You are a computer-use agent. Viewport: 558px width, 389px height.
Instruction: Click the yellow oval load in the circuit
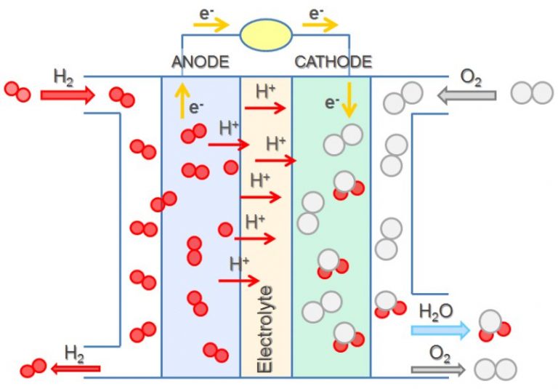pos(267,34)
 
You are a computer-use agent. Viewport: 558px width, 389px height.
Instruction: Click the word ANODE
pos(200,62)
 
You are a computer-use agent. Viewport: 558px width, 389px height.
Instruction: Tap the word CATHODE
pos(333,62)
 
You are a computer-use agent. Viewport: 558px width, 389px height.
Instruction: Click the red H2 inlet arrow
pos(68,94)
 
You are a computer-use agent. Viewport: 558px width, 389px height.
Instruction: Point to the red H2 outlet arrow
pos(76,369)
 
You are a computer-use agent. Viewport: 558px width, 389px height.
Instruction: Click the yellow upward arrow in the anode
pos(180,101)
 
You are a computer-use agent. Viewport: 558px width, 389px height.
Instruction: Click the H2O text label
pos(437,312)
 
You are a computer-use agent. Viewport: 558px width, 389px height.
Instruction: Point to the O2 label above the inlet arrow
pos(472,78)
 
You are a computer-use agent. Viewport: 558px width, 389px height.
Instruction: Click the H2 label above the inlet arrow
pos(64,77)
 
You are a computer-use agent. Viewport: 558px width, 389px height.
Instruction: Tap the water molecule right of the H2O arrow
pos(494,326)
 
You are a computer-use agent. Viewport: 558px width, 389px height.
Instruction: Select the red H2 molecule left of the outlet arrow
pos(33,369)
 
